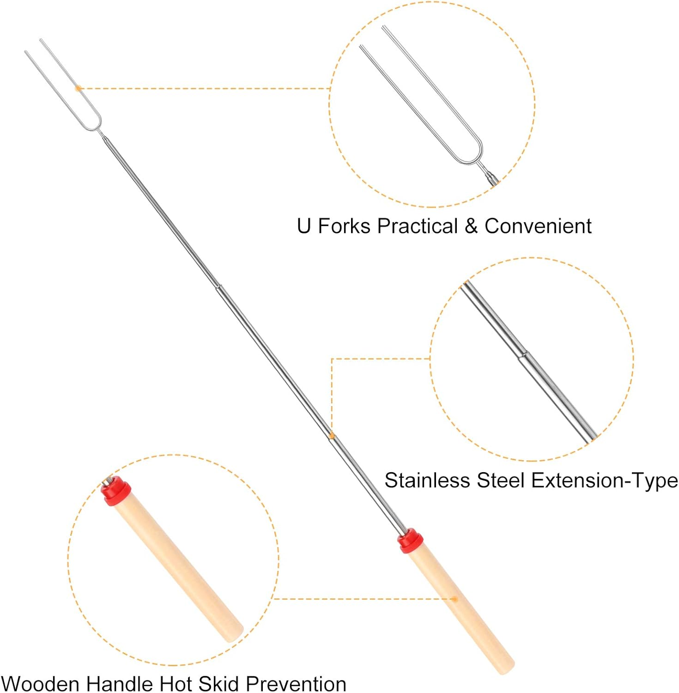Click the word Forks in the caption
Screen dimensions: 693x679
coord(344,226)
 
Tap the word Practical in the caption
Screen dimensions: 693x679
coord(417,226)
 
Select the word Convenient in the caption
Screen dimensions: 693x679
coord(538,226)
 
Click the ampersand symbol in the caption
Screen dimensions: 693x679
coord(471,226)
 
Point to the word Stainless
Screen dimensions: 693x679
coord(427,480)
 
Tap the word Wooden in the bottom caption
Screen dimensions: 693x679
coord(41,684)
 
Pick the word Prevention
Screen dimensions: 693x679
coord(296,684)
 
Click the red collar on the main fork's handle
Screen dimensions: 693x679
coord(410,541)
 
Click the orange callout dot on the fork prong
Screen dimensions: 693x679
coord(78,88)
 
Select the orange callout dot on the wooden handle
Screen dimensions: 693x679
coord(455,599)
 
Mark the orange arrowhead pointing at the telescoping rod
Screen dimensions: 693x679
coord(331,434)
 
